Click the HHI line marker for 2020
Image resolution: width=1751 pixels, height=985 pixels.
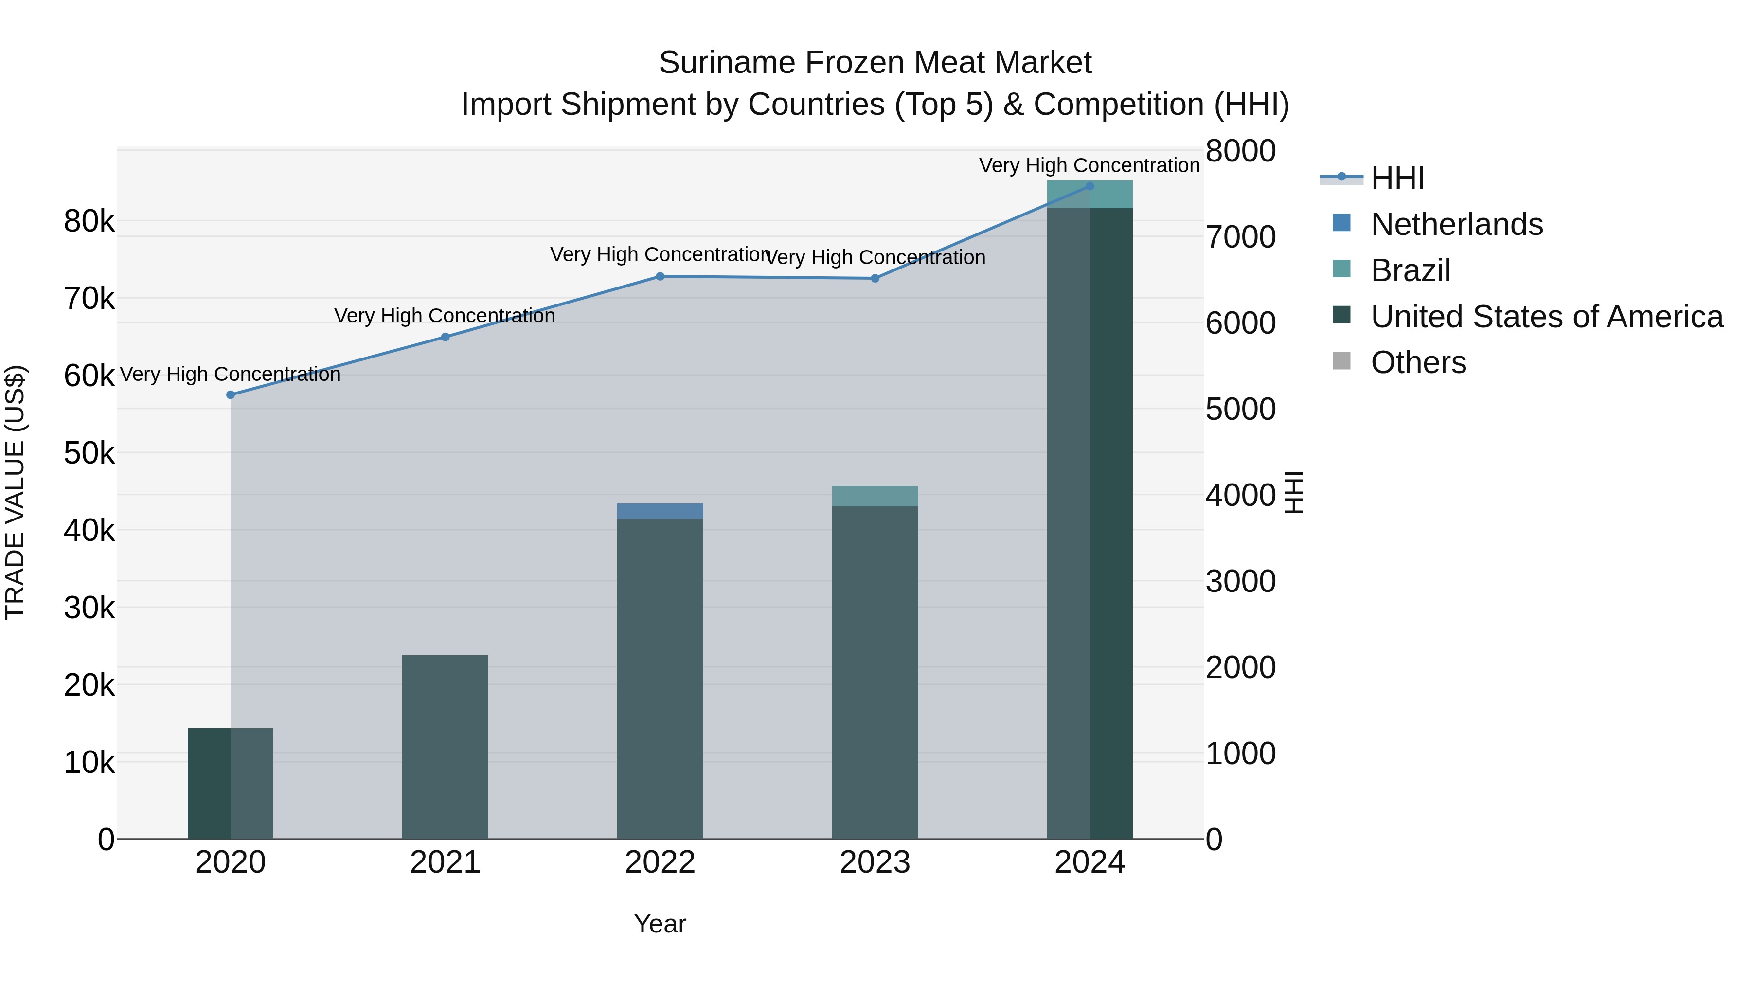[x=231, y=395]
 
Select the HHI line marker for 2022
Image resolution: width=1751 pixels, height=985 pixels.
[x=660, y=277]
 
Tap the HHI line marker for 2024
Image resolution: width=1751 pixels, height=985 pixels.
[x=1090, y=186]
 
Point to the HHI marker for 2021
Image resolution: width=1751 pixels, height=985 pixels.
[x=445, y=337]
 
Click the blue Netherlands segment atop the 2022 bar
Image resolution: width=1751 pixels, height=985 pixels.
[x=660, y=511]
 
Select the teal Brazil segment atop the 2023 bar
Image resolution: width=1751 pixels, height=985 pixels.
[x=875, y=496]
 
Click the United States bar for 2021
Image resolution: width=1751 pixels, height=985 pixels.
[x=445, y=748]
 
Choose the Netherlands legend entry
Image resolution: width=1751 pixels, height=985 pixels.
[x=1457, y=224]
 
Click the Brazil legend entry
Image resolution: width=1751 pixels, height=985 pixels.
[x=1411, y=270]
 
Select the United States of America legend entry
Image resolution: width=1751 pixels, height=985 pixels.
[x=1546, y=317]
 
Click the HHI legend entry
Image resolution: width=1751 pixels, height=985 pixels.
[x=1397, y=178]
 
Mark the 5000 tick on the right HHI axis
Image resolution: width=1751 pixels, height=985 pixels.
[x=1240, y=409]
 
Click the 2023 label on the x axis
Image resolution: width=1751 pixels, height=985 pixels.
[x=875, y=862]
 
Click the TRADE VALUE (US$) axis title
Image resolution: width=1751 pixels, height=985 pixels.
[x=15, y=493]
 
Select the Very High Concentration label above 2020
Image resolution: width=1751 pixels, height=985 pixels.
[x=231, y=375]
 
